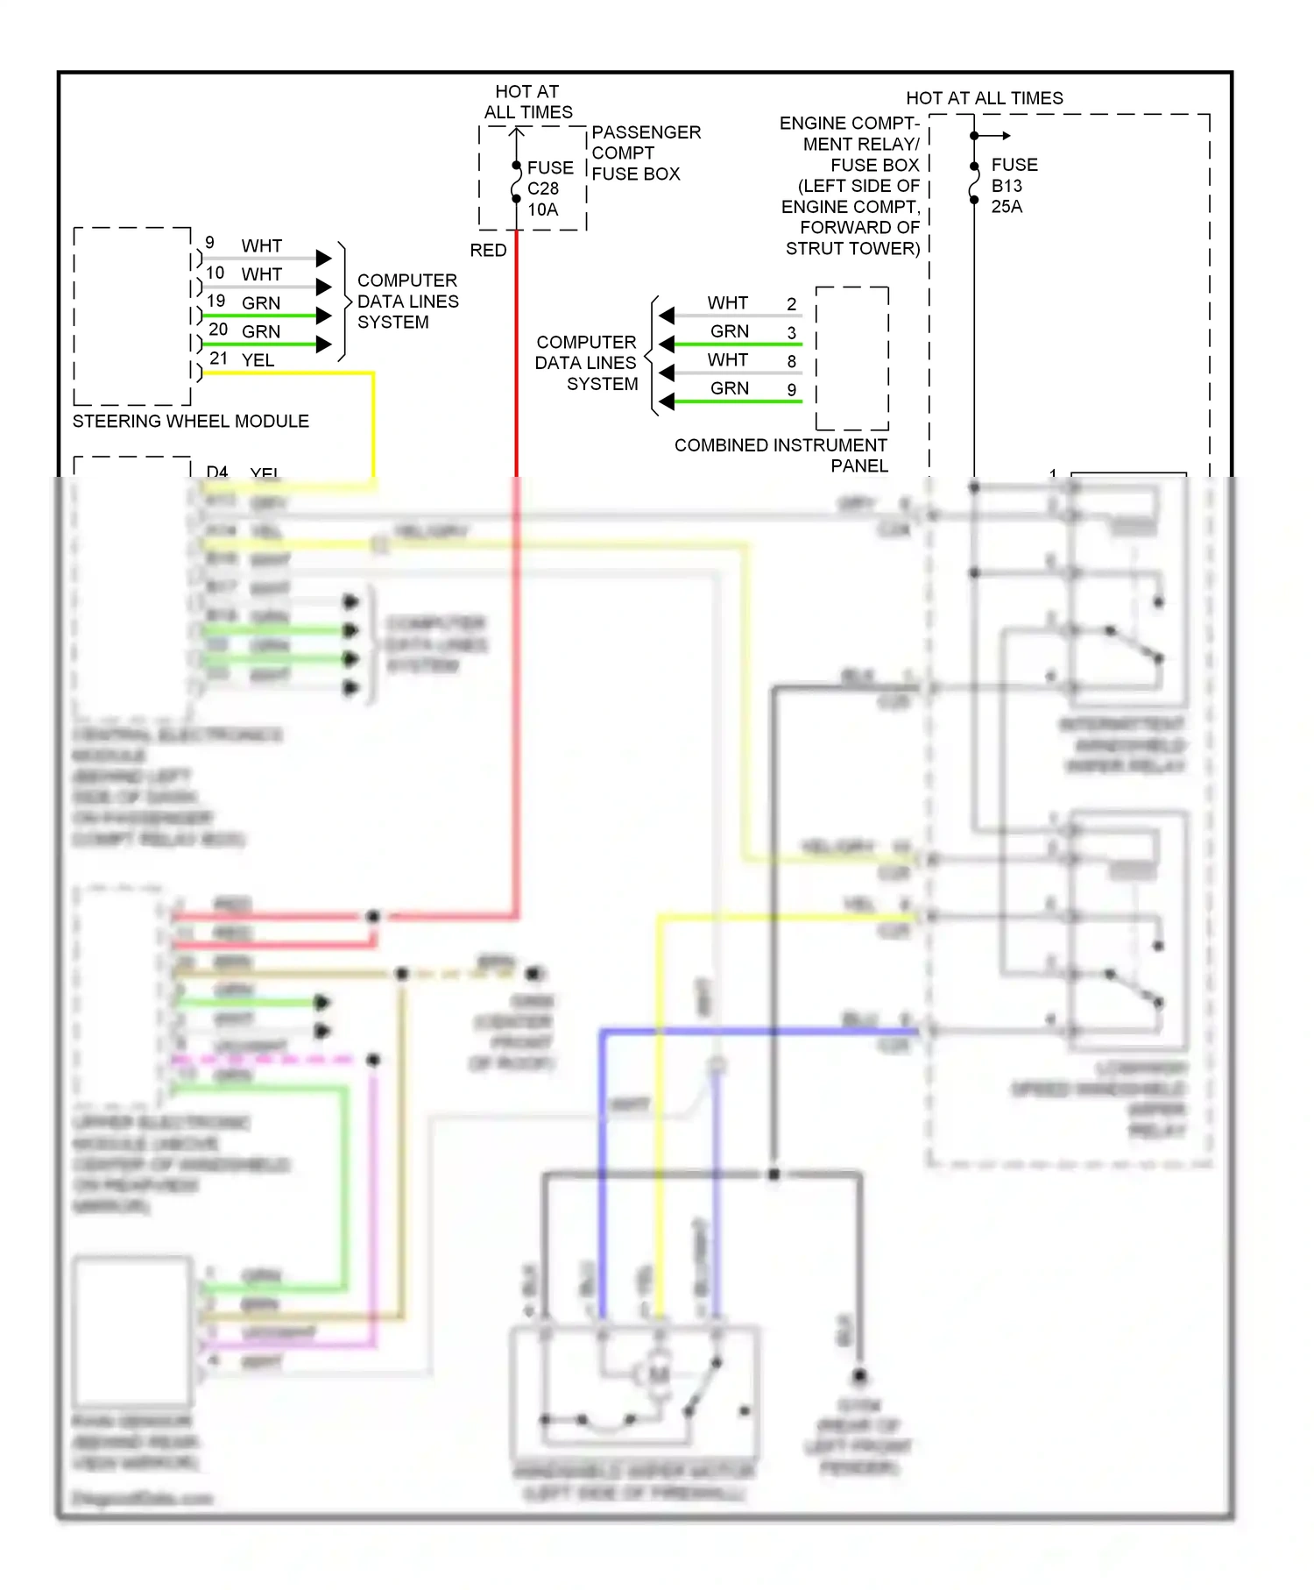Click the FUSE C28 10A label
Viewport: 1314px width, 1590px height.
[x=549, y=188]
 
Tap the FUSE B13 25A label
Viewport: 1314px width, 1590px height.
[x=1014, y=186]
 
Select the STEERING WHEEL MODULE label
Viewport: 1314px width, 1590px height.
[x=190, y=422]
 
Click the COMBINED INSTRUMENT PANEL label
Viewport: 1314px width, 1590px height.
[x=781, y=455]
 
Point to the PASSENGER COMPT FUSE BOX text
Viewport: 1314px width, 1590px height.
[x=645, y=153]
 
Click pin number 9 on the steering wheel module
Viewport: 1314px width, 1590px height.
[x=209, y=243]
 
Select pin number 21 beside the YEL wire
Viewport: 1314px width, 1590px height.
[x=218, y=358]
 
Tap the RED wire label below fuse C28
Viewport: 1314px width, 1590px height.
[x=488, y=251]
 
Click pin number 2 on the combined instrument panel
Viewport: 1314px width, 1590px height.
[x=791, y=304]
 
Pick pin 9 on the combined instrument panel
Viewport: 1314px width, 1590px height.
[x=791, y=389]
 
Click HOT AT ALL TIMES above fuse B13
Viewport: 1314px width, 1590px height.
[x=984, y=98]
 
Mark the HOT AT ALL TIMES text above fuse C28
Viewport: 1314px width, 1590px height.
[x=527, y=103]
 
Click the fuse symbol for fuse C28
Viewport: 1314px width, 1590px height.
[x=517, y=184]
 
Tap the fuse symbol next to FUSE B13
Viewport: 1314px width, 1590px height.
[x=974, y=183]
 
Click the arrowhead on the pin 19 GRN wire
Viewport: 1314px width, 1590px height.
[x=323, y=316]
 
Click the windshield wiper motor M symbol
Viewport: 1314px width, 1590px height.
[x=658, y=1374]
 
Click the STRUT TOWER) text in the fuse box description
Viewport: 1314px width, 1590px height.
[x=851, y=249]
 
